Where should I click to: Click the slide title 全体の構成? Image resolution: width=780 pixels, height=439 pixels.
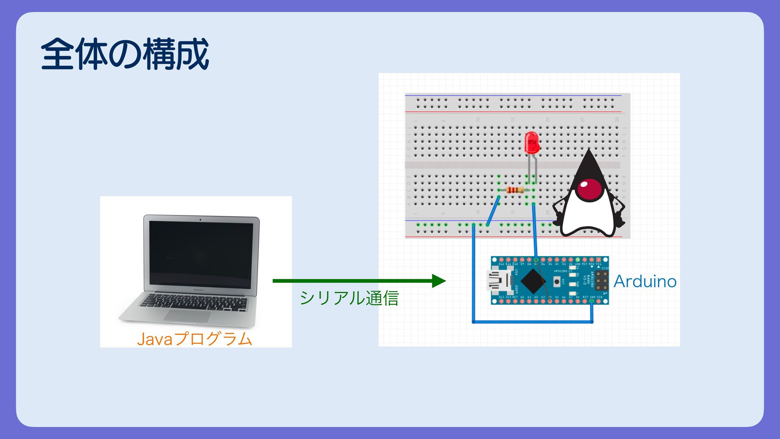point(125,54)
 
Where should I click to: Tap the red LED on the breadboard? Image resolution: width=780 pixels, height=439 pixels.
point(531,142)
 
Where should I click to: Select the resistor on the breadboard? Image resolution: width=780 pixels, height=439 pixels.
point(515,190)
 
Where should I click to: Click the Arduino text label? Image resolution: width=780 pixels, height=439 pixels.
point(645,281)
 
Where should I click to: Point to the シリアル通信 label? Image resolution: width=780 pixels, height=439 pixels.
point(349,298)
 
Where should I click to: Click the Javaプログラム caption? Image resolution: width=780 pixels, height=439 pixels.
point(195,339)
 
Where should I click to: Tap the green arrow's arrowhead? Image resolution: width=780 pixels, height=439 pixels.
point(439,280)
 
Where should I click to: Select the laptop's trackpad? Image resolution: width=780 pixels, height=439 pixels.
point(188,316)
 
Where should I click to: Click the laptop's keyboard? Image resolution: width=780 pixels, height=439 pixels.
point(194,302)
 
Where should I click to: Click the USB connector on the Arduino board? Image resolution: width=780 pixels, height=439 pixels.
point(499,281)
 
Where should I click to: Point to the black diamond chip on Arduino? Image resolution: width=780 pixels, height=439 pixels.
point(533,280)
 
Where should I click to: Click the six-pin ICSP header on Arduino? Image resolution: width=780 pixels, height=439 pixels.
point(601,280)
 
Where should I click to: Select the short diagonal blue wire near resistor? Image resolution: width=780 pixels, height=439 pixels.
point(493,211)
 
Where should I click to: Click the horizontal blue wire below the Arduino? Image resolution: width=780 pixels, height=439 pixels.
point(532,322)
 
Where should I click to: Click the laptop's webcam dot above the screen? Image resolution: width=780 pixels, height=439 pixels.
point(200,219)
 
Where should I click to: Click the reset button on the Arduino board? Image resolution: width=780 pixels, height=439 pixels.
point(557,281)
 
